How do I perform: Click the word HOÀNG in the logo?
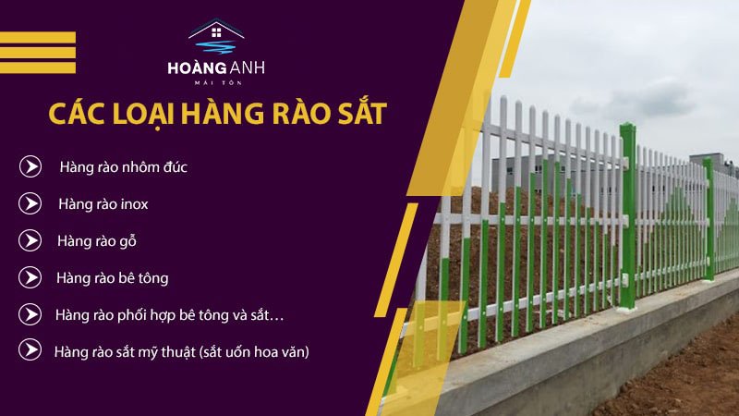pyautogui.click(x=191, y=67)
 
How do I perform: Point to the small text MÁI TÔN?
pyautogui.click(x=218, y=83)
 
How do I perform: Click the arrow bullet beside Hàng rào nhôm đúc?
pyautogui.click(x=30, y=166)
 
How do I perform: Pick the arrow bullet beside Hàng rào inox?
pyautogui.click(x=30, y=203)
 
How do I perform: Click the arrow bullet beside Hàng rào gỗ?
pyautogui.click(x=30, y=240)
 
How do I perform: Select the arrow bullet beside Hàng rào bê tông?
pyautogui.click(x=30, y=277)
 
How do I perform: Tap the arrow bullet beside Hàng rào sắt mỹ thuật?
pyautogui.click(x=30, y=349)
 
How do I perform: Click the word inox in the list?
pyautogui.click(x=134, y=204)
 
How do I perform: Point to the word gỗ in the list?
pyautogui.click(x=127, y=241)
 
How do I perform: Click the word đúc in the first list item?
pyautogui.click(x=176, y=166)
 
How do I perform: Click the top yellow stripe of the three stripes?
pyautogui.click(x=38, y=37)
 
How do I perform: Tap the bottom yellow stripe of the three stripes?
pyautogui.click(x=38, y=67)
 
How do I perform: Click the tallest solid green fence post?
pyautogui.click(x=628, y=217)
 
